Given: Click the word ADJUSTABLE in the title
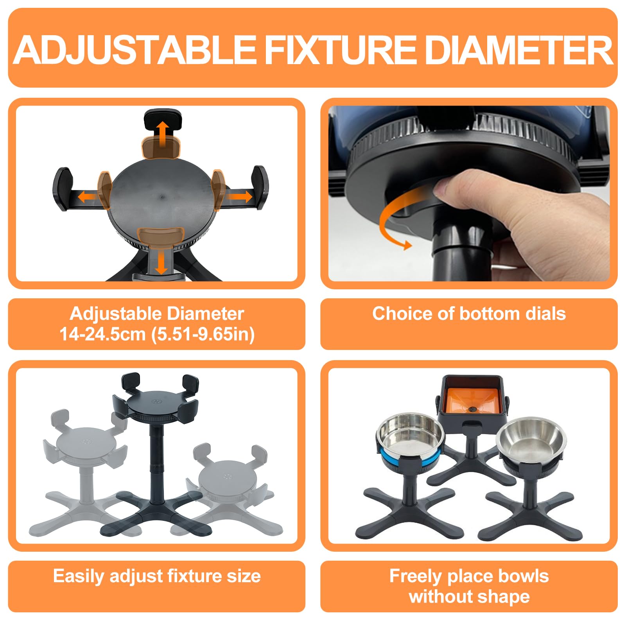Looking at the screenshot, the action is tap(135, 50).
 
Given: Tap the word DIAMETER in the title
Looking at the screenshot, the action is tap(519, 50).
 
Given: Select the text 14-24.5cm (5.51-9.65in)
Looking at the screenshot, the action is tap(157, 334).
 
